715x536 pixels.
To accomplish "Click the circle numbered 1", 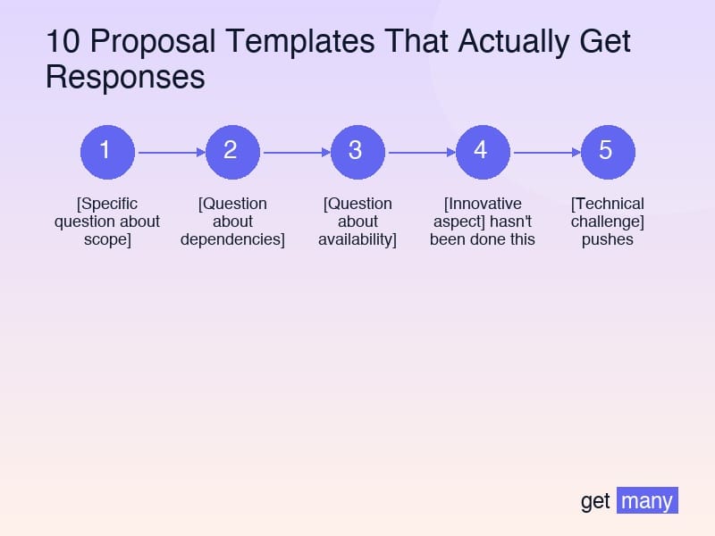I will [107, 151].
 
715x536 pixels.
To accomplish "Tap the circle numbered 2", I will [232, 151].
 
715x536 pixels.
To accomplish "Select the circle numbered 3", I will [357, 151].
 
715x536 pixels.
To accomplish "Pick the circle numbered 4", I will [483, 151].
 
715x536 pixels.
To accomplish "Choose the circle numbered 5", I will [608, 151].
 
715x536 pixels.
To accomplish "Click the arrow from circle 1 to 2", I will [170, 152].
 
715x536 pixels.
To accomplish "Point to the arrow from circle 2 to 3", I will [295, 152].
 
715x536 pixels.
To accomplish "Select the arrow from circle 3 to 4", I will [420, 152].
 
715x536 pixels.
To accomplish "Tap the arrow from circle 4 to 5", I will [545, 152].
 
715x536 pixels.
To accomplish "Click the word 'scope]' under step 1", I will [107, 239].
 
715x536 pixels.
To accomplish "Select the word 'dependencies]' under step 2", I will [232, 239].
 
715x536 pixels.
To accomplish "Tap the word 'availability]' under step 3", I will [357, 239].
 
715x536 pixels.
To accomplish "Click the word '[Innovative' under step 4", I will [483, 204].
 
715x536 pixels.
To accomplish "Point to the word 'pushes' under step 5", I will [608, 239].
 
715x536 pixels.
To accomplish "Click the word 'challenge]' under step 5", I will [608, 222].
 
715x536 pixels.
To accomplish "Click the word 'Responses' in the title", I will [125, 77].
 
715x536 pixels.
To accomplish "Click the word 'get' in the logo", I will [595, 501].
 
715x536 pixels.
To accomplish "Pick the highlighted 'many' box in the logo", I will [647, 500].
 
